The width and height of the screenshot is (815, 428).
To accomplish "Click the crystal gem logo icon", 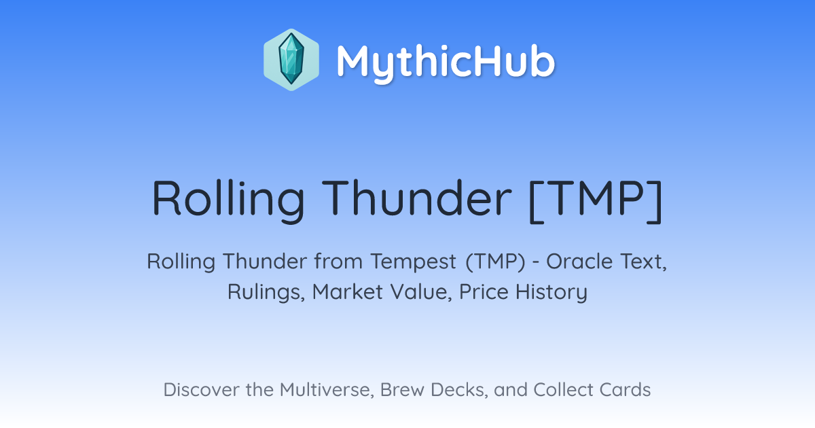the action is [291, 60].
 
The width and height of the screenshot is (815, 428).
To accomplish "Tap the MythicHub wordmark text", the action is [446, 62].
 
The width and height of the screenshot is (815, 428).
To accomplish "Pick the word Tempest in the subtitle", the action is [414, 262].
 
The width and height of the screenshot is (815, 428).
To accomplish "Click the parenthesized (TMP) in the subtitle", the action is [496, 262].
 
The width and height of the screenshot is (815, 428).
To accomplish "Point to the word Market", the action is [347, 292].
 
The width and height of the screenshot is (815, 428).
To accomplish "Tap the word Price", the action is [484, 291].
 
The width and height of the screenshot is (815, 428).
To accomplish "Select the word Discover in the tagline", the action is [201, 389].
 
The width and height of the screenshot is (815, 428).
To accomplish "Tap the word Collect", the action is [563, 389].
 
